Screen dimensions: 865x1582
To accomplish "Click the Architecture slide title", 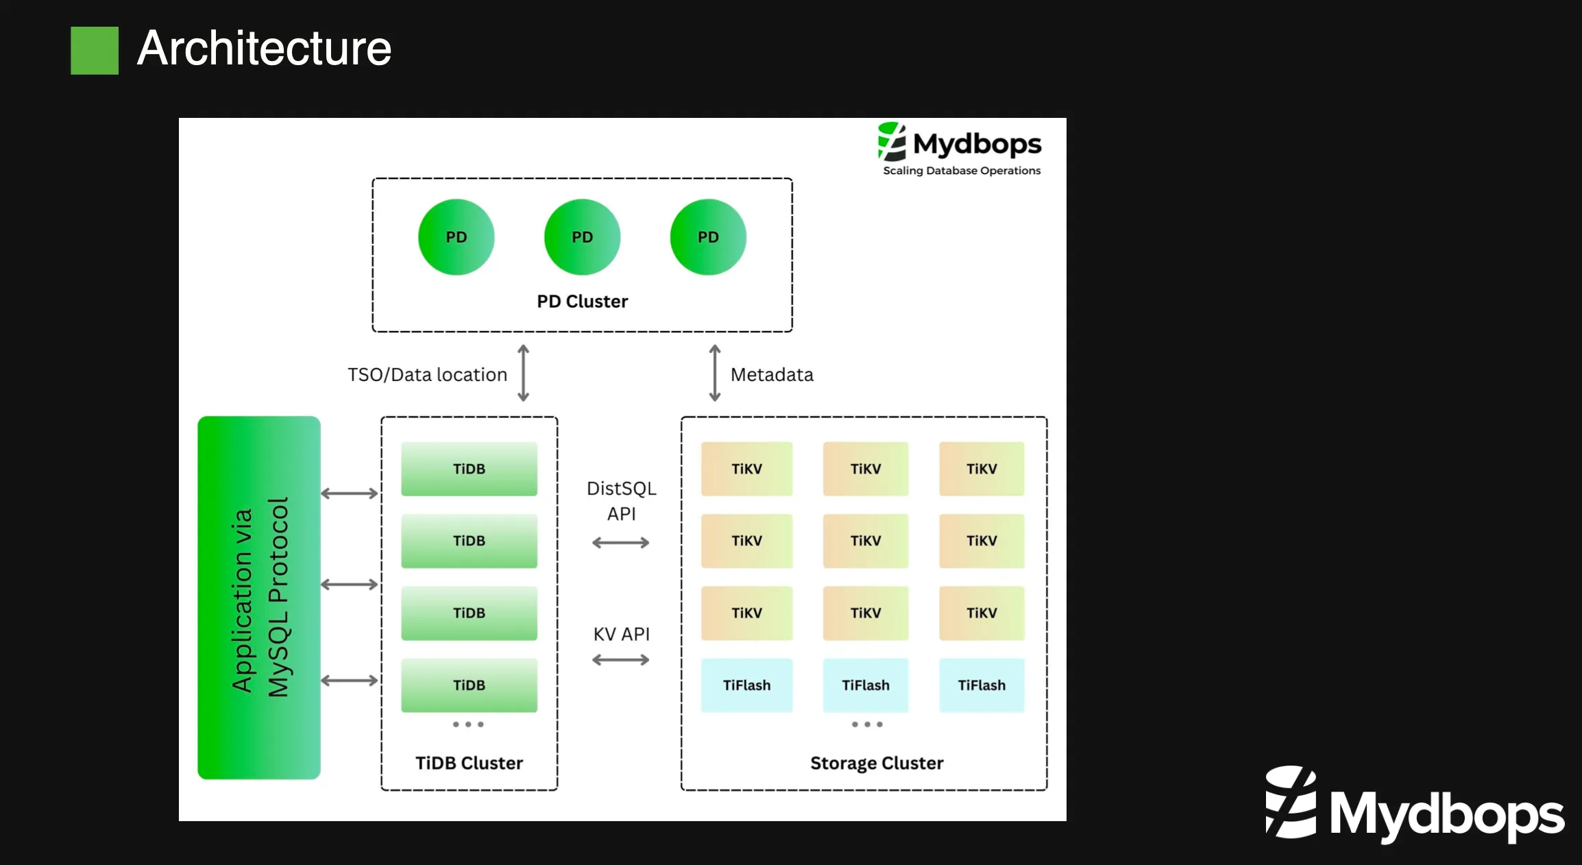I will click(264, 49).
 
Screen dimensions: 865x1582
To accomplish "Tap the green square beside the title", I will click(95, 51).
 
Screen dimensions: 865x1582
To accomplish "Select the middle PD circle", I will click(582, 237).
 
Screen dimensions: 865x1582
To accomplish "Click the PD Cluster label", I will click(582, 302).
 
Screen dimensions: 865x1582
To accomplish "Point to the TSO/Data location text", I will click(427, 375).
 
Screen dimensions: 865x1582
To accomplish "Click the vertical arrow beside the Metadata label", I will click(714, 373).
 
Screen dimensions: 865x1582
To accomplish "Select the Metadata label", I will click(772, 375).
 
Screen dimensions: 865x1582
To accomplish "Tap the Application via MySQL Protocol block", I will click(259, 597).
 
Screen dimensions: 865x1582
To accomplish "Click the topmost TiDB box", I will click(469, 469).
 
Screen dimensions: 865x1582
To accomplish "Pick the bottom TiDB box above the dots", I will click(469, 685).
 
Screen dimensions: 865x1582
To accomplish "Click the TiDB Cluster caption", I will click(469, 763).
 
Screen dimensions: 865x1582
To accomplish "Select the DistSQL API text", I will click(621, 501).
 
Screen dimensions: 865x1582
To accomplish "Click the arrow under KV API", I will click(621, 660).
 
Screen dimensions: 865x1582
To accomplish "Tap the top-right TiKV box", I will click(982, 469).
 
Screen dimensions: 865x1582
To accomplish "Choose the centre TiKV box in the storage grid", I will click(865, 541).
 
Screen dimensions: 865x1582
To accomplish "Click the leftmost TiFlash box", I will click(746, 685).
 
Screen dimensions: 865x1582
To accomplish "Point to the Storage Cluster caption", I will click(876, 763).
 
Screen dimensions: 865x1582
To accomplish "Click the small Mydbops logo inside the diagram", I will click(960, 149).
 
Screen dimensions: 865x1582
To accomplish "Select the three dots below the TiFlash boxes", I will click(866, 724).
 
